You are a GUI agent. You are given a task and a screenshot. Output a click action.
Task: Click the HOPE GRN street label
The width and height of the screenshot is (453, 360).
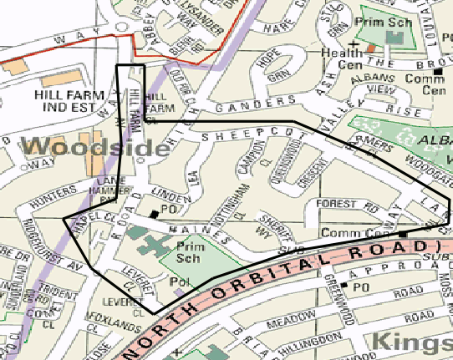click(x=267, y=69)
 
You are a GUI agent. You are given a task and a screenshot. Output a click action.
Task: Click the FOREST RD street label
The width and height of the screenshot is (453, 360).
click(x=344, y=205)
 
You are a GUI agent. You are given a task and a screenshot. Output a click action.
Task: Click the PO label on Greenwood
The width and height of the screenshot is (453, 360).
click(x=360, y=286)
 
